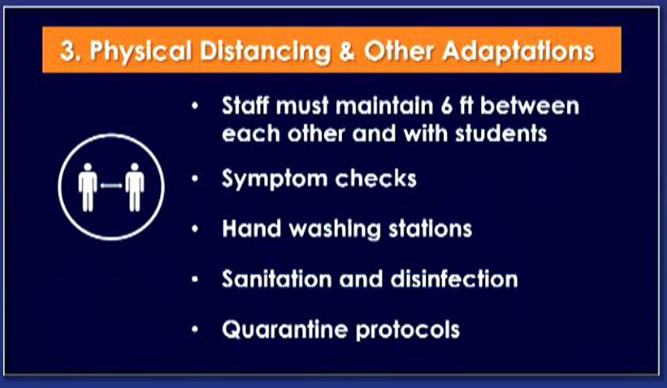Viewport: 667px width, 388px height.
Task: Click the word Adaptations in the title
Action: click(518, 52)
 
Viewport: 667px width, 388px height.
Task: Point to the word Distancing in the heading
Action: click(265, 52)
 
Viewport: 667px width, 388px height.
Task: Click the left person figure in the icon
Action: click(88, 187)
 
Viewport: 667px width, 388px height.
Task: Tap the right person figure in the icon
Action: click(135, 187)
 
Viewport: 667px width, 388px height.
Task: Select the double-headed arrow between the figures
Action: click(111, 185)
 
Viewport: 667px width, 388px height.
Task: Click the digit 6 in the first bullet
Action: click(446, 105)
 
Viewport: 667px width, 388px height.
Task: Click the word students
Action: click(500, 133)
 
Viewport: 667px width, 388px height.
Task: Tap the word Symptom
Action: click(274, 179)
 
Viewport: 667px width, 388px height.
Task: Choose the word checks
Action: click(376, 178)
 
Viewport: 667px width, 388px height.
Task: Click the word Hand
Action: click(251, 229)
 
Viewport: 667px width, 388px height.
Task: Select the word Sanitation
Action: click(276, 279)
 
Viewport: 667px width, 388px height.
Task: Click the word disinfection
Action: click(454, 279)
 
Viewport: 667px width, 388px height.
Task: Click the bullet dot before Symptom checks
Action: click(194, 178)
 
